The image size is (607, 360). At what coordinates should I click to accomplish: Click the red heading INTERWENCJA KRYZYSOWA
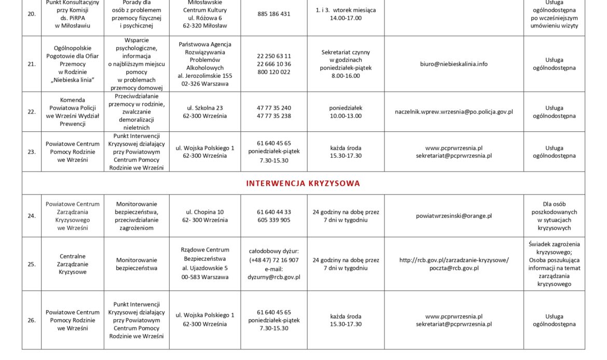[x=303, y=184]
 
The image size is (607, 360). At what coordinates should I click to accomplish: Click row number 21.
[x=32, y=64]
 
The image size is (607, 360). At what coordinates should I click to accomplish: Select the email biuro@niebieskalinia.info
[x=453, y=64]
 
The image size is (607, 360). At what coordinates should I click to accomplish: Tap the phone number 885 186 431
[x=274, y=14]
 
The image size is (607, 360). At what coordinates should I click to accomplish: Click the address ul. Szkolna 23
[x=205, y=108]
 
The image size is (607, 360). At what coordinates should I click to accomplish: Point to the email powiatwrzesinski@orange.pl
[x=453, y=216]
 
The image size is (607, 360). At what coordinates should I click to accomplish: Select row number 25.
[x=32, y=264]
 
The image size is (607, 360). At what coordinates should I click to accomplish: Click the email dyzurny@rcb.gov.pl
[x=274, y=277]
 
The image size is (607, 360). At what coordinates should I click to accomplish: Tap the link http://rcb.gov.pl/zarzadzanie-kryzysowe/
[x=453, y=260]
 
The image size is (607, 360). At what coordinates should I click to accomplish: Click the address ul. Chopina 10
[x=205, y=212]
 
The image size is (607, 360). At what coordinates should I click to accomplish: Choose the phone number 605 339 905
[x=274, y=220]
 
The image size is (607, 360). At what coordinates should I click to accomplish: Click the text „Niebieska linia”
[x=73, y=80]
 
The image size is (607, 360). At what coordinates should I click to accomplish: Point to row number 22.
[x=32, y=112]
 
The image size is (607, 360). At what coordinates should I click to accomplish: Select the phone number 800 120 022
[x=274, y=72]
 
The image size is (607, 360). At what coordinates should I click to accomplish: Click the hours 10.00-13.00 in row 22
[x=346, y=116]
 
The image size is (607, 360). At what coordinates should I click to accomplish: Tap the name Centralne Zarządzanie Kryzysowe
[x=73, y=264]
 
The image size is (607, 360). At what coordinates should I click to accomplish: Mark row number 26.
[x=32, y=321]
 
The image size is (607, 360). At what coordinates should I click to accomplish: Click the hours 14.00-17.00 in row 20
[x=346, y=18]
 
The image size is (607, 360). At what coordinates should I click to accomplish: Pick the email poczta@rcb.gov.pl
[x=453, y=268]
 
